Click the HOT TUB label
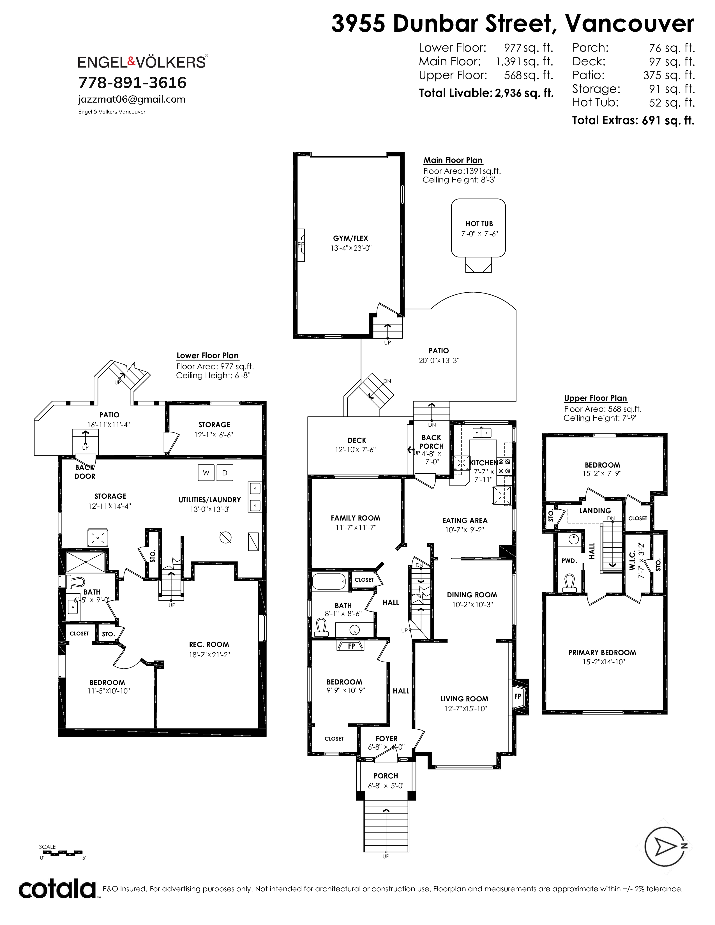[479, 224]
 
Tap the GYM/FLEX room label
[351, 239]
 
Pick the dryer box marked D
[225, 473]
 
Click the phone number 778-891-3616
[133, 83]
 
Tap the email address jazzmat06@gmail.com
[132, 100]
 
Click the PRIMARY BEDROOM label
[602, 653]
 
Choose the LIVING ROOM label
[464, 699]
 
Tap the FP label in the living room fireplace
[518, 696]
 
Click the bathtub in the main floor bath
[329, 581]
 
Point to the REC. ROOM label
[209, 645]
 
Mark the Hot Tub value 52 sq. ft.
[672, 103]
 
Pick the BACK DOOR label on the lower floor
[85, 472]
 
